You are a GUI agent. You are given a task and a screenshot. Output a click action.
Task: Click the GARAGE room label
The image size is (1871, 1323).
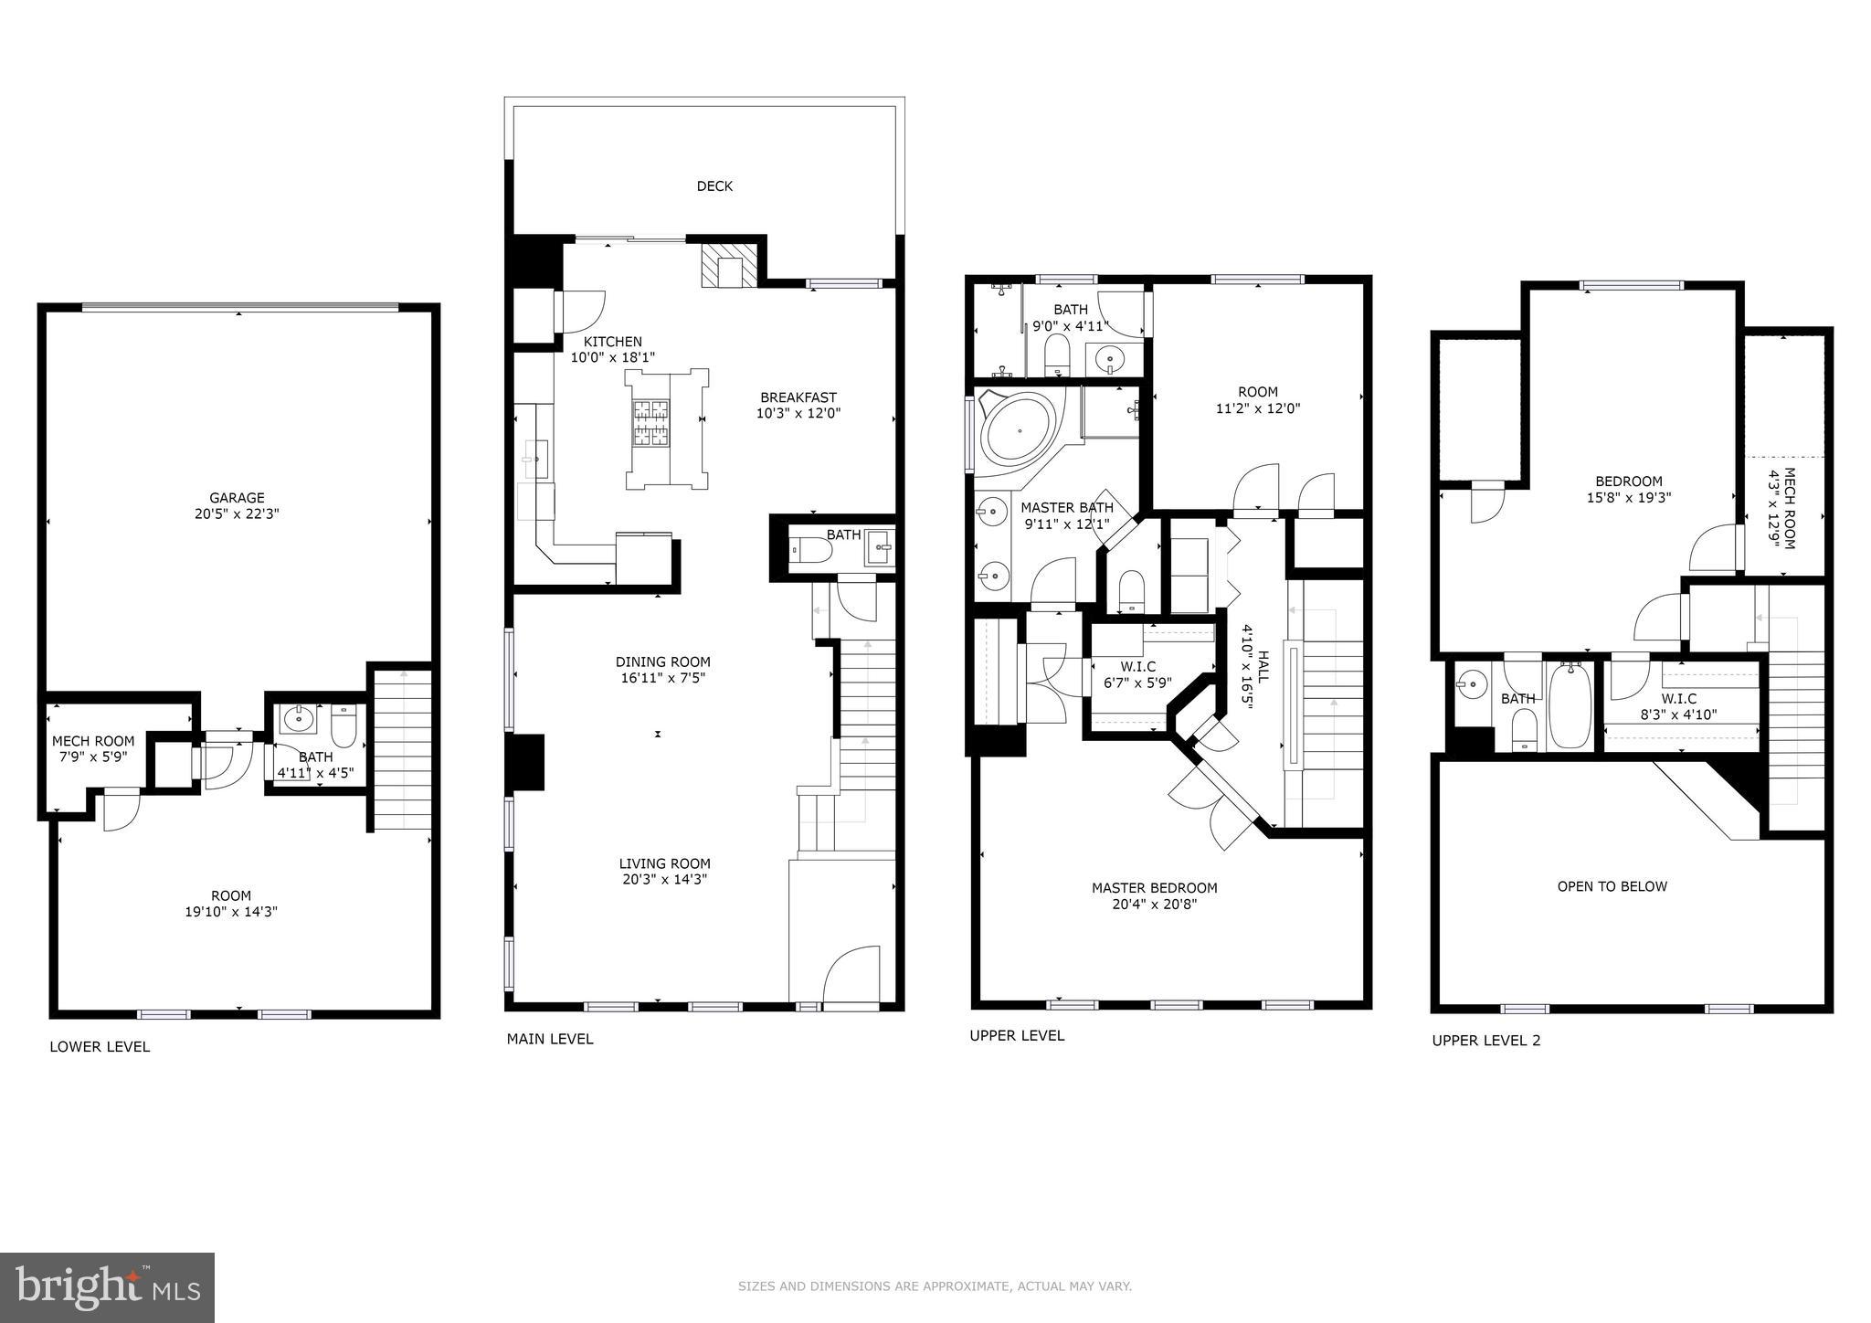(x=237, y=498)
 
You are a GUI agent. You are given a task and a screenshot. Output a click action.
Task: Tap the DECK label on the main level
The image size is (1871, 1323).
(x=714, y=186)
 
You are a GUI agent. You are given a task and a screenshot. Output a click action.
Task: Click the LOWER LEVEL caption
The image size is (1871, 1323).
(x=100, y=1047)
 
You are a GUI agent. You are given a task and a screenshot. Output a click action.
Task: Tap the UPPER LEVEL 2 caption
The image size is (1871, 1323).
(x=1485, y=1041)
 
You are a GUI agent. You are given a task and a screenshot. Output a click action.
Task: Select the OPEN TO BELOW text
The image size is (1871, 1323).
(x=1612, y=886)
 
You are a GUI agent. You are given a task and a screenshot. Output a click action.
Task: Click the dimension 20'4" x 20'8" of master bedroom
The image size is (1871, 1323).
(x=1155, y=905)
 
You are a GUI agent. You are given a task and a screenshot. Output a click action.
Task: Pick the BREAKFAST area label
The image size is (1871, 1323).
(x=798, y=397)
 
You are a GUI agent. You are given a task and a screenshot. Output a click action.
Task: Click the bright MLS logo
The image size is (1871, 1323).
(x=107, y=1287)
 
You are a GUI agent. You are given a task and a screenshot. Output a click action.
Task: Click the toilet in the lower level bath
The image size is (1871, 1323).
(x=344, y=726)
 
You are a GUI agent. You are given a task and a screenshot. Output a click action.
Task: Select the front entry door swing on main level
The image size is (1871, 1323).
(x=852, y=976)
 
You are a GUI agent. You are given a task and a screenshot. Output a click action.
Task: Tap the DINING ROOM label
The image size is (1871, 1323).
(x=662, y=661)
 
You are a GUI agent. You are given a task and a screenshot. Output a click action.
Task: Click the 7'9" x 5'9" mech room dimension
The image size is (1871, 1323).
(x=92, y=757)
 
